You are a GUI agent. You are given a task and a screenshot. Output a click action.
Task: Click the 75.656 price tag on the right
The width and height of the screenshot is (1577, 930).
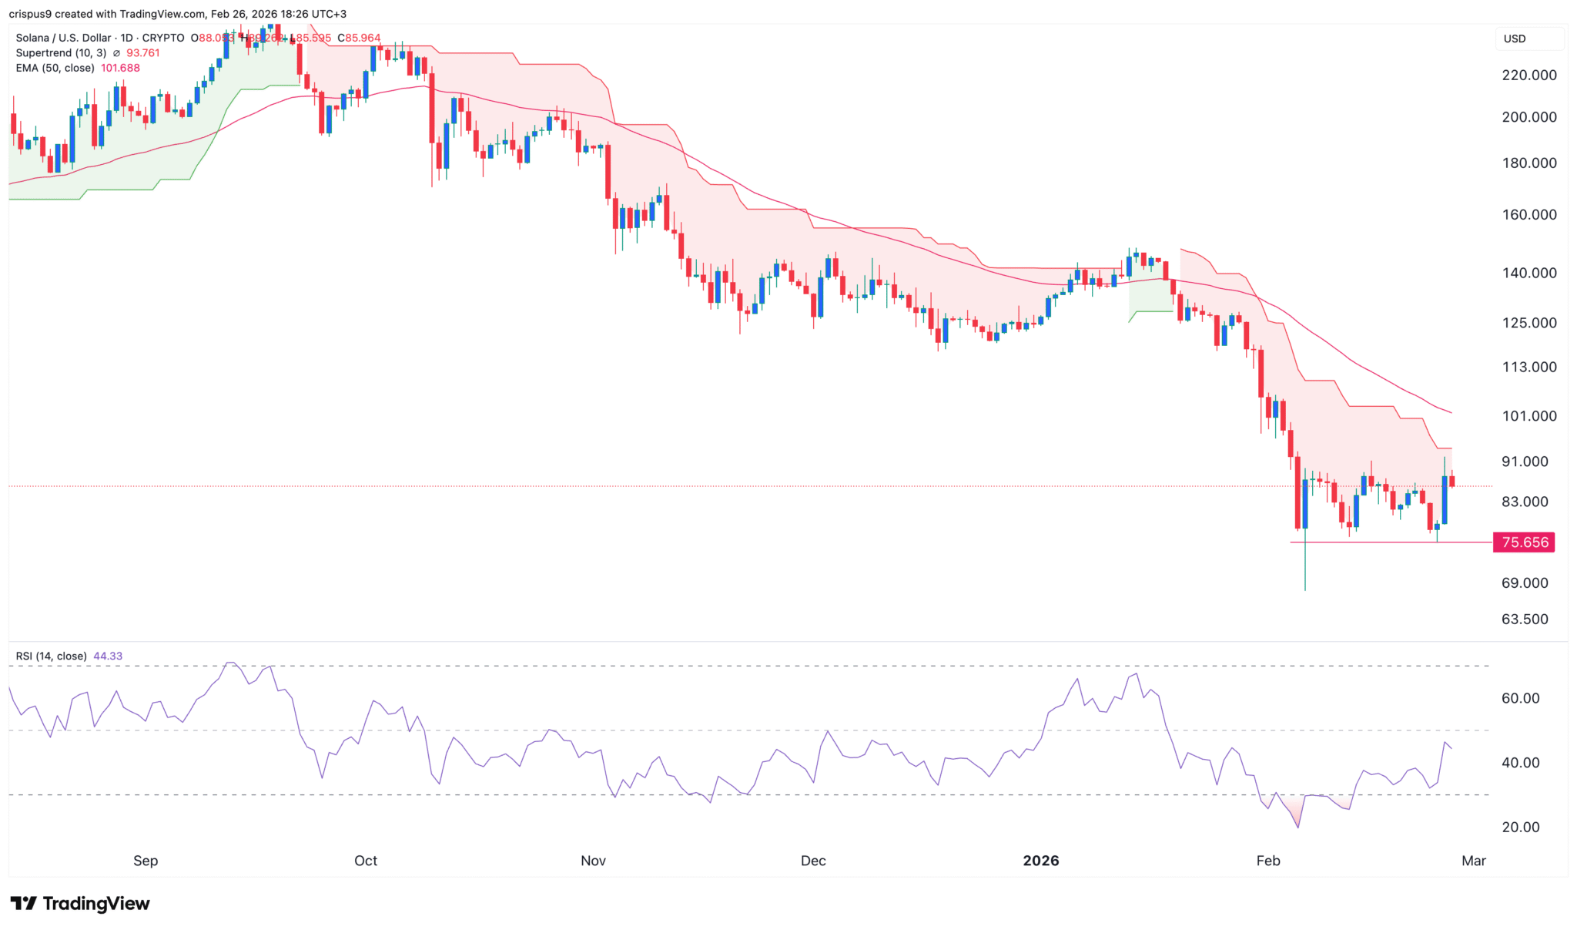click(x=1524, y=542)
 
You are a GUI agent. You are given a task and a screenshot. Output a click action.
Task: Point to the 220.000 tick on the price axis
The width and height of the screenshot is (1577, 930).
click(x=1528, y=76)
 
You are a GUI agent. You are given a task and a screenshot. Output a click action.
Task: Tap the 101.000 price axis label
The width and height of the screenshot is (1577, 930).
click(x=1528, y=416)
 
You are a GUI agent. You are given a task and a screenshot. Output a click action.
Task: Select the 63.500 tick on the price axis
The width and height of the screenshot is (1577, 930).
click(x=1525, y=619)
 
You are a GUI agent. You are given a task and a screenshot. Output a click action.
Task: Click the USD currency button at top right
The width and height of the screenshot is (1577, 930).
click(x=1515, y=39)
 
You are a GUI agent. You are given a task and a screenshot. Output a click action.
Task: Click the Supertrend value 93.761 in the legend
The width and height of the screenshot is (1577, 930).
click(x=143, y=53)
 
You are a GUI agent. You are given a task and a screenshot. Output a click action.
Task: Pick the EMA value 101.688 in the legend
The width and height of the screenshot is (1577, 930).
click(x=120, y=68)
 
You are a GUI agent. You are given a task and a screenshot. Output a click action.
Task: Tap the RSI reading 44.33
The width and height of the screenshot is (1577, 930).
click(x=108, y=656)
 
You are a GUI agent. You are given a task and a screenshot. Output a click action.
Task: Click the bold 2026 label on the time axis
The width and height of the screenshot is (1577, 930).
click(x=1040, y=861)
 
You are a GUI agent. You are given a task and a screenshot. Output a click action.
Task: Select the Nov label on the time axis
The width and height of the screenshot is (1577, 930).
click(x=593, y=861)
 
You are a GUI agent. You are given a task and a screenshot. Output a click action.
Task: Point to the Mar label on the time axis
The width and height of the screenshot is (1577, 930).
click(x=1473, y=861)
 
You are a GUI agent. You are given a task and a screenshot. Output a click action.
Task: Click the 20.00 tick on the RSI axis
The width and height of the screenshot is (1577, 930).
click(x=1520, y=828)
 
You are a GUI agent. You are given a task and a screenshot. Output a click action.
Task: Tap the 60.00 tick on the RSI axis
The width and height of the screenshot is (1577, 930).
click(x=1520, y=699)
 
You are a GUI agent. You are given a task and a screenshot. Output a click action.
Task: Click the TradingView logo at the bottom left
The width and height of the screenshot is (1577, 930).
click(x=80, y=903)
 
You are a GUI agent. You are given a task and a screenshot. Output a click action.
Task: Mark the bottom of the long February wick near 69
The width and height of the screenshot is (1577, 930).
click(x=1305, y=589)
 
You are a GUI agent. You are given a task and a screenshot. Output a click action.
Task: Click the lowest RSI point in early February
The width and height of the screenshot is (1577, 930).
click(x=1298, y=828)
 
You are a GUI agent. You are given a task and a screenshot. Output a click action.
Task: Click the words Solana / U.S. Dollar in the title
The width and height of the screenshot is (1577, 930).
click(x=64, y=38)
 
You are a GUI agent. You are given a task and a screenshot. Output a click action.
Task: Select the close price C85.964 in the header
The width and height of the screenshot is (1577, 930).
click(x=359, y=38)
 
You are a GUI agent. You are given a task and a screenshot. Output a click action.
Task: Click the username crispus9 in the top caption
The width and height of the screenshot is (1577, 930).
click(x=29, y=14)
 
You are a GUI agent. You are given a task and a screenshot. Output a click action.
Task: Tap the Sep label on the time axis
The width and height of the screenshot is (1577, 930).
click(x=146, y=861)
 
